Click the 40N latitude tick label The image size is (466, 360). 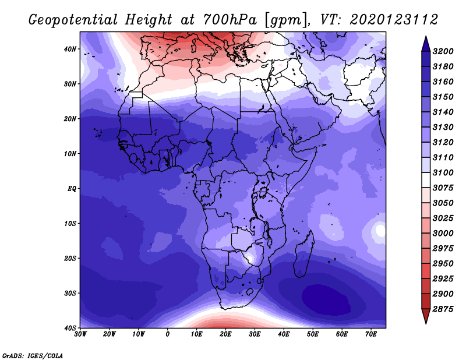[x=70, y=49]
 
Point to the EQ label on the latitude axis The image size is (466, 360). [x=72, y=189]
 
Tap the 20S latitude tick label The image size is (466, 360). [x=70, y=258]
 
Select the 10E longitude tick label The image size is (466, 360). [x=196, y=334]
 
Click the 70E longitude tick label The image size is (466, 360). [x=370, y=334]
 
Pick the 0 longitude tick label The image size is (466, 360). [x=168, y=334]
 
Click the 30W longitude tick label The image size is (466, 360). [x=80, y=334]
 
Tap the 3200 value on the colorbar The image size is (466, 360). [x=443, y=51]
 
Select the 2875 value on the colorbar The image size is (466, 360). [x=443, y=309]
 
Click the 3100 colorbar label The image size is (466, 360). [x=443, y=172]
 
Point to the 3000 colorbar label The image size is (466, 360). [x=443, y=234]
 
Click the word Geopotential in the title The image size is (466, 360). [x=73, y=20]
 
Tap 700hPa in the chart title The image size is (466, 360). [x=230, y=20]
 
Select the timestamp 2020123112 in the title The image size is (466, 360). [x=394, y=20]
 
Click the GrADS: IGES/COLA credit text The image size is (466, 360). [x=33, y=356]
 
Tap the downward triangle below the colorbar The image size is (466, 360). [x=426, y=316]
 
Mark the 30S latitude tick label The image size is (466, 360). [x=70, y=294]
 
